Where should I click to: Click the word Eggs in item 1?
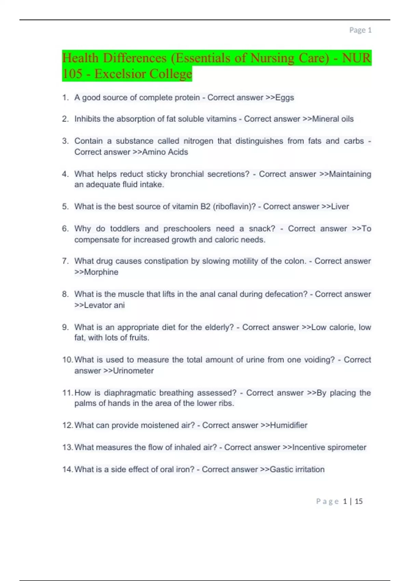click(285, 98)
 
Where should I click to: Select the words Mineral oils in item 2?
click(333, 119)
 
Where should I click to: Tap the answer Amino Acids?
click(165, 152)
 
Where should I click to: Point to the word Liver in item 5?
click(340, 207)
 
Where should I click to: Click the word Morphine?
click(101, 272)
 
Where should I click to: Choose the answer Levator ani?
click(104, 305)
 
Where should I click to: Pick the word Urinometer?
click(133, 371)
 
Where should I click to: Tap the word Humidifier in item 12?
click(289, 425)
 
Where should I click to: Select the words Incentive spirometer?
click(329, 447)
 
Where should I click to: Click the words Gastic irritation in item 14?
click(297, 470)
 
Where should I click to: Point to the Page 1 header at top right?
click(360, 30)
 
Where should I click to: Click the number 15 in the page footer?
click(358, 501)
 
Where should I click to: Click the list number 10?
click(67, 360)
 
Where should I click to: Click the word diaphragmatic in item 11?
click(129, 393)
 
